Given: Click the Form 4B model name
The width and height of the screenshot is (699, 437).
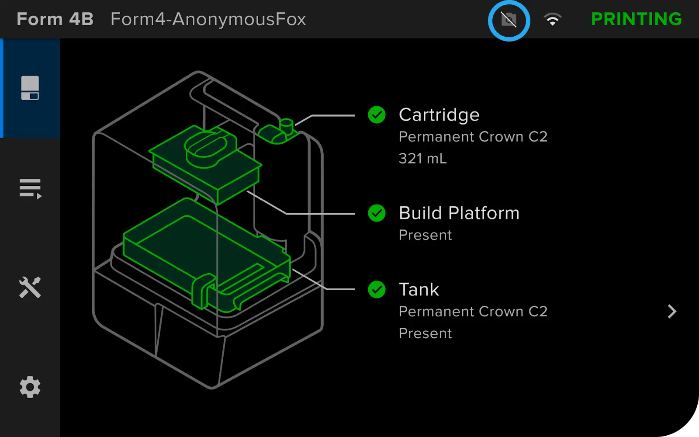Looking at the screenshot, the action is pos(55,19).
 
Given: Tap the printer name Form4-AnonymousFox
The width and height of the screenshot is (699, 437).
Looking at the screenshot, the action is pos(208,19).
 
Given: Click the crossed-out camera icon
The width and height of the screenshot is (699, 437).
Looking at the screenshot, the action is pos(509,20).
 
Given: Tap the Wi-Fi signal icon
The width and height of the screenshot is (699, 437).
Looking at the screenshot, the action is pos(552,19).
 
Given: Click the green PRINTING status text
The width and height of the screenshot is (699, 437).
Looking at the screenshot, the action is pos(636,19).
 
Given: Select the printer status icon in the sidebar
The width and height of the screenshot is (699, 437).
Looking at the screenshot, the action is pos(30,88).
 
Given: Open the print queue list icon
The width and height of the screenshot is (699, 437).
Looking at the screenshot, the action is pos(30,189).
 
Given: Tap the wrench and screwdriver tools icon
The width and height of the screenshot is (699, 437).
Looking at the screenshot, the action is pos(30,287).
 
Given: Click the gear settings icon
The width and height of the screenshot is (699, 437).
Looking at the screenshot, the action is pos(30,387).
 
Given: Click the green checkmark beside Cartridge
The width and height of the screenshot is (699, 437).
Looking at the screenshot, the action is pos(377,115).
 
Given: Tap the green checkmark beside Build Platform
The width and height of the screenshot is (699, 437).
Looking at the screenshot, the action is pos(377,213).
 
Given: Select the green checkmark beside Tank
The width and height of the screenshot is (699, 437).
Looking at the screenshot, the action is pos(377,290).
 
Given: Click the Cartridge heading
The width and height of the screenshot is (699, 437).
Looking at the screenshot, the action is pos(439,115).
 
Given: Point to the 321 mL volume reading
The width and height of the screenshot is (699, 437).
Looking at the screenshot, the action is pos(422,159).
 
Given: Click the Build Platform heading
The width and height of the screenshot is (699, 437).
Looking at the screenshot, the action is pos(459,213).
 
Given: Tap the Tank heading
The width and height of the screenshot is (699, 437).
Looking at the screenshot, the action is pos(419,290).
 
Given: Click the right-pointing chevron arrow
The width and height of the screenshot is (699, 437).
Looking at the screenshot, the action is pos(672,312).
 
